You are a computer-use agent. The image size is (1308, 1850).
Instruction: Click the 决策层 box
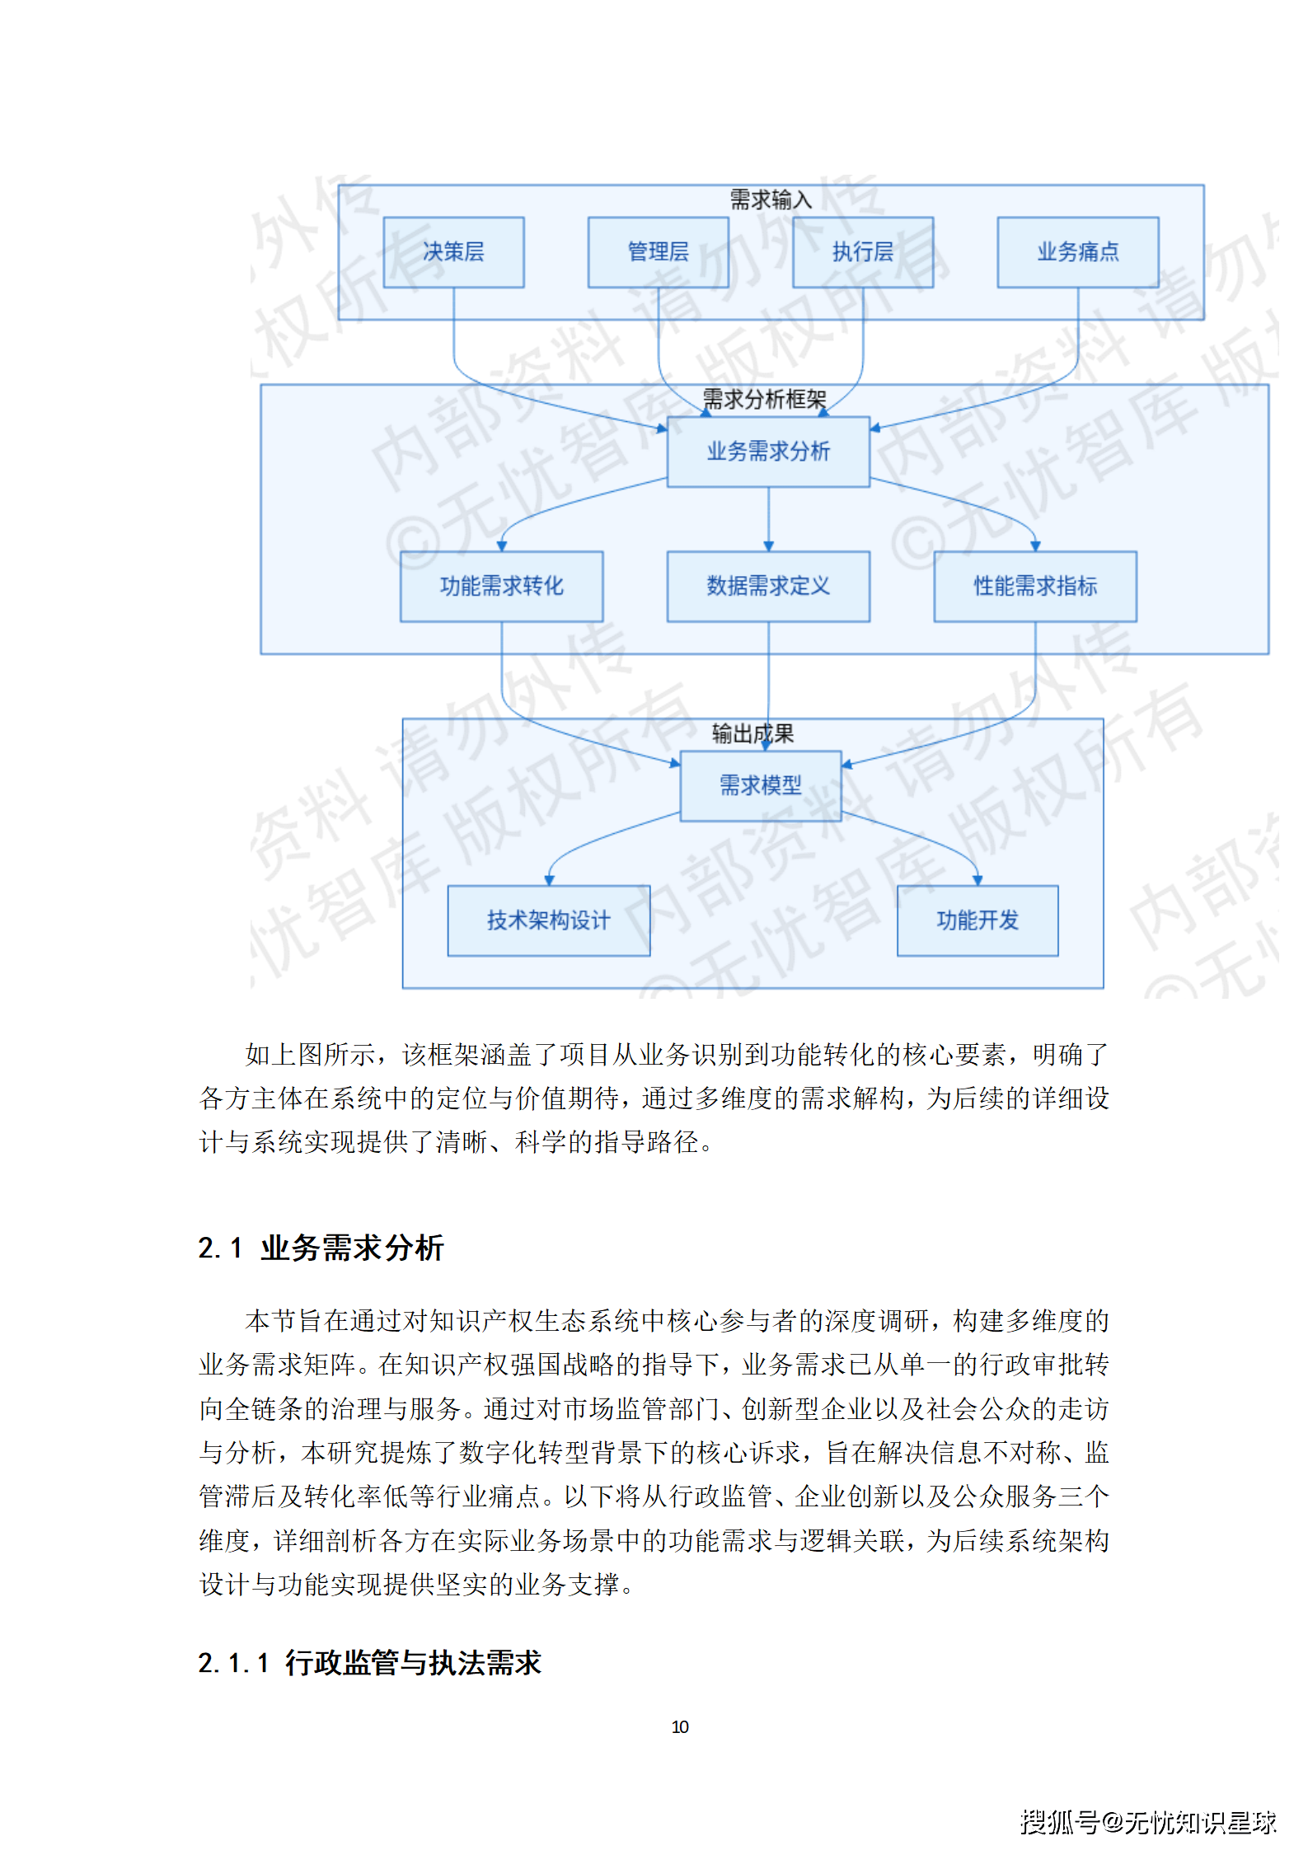453,252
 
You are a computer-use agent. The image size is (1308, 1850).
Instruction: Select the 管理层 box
658,252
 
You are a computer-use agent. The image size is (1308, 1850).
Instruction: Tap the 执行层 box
862,252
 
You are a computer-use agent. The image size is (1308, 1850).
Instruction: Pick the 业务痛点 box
1077,252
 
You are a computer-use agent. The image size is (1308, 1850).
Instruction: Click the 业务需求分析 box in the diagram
768,452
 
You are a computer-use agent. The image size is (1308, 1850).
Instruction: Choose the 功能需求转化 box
501,586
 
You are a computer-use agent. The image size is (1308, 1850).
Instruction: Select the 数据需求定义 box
768,586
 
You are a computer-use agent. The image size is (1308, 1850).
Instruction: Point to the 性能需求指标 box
1034,586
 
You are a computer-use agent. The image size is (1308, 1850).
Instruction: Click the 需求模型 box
760,785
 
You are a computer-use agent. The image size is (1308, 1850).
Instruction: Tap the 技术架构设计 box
548,920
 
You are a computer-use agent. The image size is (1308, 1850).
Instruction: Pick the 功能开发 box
977,920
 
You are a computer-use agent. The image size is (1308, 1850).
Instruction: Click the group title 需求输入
771,199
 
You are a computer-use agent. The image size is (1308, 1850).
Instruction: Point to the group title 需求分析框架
764,400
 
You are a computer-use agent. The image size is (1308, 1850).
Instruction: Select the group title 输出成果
752,733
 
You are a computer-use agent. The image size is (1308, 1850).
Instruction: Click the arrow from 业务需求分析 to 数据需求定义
768,519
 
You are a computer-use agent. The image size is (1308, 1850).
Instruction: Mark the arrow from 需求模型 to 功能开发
931,841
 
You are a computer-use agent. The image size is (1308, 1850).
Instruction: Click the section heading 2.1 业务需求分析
321,1248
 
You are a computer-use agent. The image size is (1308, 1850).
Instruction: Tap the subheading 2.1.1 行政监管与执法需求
369,1662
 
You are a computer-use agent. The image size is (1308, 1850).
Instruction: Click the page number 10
680,1726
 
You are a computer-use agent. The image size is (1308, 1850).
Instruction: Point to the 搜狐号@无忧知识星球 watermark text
1148,1821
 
